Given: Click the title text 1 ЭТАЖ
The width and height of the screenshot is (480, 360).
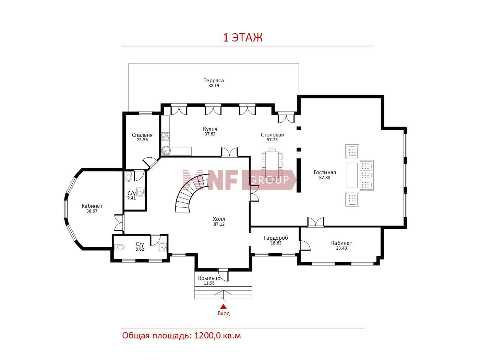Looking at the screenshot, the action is [x=242, y=38].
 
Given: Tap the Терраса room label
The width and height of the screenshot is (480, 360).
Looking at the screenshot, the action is [x=214, y=81].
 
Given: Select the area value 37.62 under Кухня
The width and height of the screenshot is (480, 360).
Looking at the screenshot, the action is [x=210, y=134].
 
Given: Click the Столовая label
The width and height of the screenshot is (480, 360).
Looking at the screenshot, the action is [x=272, y=135].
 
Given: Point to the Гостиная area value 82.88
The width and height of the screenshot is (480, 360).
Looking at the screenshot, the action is [x=325, y=178].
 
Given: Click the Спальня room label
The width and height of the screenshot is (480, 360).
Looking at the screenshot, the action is [x=142, y=135].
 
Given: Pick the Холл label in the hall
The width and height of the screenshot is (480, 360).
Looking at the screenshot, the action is [x=219, y=219].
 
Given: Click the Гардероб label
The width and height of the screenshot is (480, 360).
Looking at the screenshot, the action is [x=276, y=238].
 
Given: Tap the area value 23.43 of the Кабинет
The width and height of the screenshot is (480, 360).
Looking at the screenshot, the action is [x=341, y=248].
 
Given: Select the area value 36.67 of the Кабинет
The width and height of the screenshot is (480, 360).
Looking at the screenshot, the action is [x=92, y=211].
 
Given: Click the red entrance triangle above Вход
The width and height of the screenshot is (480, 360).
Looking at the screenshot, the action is [x=223, y=307].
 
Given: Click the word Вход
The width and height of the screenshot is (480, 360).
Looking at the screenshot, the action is [x=224, y=313].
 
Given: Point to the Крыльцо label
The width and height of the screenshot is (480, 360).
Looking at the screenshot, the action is [x=209, y=278].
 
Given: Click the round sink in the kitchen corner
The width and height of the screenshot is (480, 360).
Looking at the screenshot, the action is [x=166, y=151].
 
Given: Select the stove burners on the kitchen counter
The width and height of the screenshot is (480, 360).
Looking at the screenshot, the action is [x=165, y=136].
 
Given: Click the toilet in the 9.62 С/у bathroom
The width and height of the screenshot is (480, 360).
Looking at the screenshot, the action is [x=119, y=247].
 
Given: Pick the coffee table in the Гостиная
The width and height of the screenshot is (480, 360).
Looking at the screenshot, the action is [x=352, y=175].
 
